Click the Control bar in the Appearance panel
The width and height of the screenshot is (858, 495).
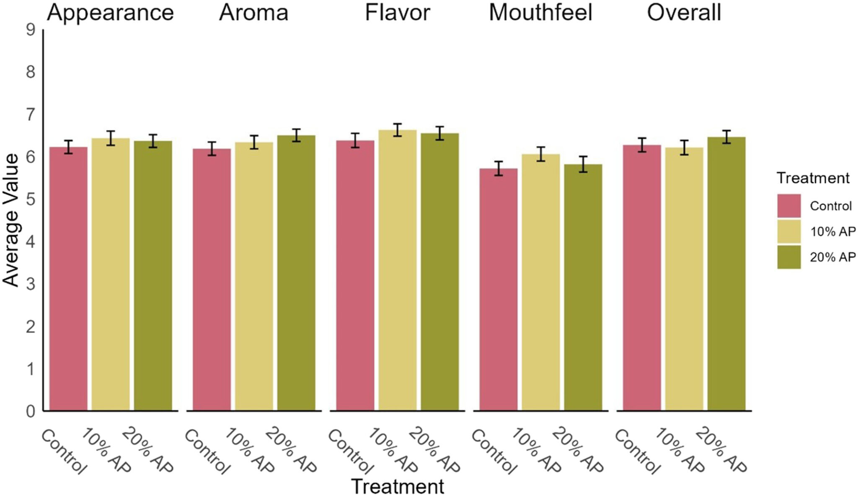point(68,279)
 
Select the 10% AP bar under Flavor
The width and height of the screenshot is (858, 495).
point(398,270)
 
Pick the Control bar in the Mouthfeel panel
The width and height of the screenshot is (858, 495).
point(498,289)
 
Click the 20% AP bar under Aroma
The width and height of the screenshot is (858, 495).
point(296,272)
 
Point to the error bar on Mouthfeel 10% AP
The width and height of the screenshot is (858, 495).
point(541,154)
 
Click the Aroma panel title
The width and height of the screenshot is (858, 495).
point(254,13)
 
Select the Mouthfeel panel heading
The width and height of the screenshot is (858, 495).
point(540,13)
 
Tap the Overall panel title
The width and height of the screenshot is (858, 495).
point(684,13)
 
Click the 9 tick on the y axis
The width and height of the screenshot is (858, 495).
point(30,30)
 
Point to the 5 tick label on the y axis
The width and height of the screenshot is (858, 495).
point(30,200)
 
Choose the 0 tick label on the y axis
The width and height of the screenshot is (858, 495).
point(30,411)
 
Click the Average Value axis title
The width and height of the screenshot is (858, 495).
point(11,220)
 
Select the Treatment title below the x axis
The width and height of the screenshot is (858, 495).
point(398,486)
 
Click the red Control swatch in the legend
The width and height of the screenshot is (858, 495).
point(788,206)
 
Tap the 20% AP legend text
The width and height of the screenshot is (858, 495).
point(832,257)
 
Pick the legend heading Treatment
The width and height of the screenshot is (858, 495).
point(813,178)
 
